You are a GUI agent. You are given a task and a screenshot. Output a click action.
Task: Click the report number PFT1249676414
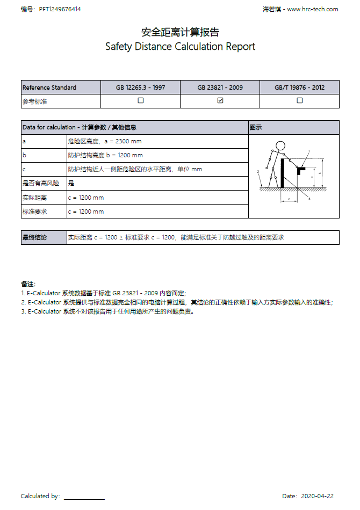pos(60,9)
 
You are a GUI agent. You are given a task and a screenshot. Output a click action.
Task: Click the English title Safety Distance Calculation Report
pos(180,47)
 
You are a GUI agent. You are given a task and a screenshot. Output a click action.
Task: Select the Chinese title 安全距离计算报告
pos(180,32)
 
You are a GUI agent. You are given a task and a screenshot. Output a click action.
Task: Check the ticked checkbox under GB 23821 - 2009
pos(220,100)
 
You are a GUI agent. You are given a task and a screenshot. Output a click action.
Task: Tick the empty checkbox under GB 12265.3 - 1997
pos(141,100)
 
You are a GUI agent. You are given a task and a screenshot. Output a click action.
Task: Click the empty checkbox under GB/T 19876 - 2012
pos(300,100)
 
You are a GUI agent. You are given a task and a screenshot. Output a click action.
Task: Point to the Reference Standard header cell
pos(49,88)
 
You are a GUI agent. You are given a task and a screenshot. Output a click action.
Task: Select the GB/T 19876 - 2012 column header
pos(300,88)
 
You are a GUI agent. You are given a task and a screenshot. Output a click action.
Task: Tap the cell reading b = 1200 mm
pos(105,155)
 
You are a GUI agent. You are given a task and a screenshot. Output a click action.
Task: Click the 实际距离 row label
pos(34,198)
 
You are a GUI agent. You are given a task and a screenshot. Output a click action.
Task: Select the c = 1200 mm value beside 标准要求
pos(86,212)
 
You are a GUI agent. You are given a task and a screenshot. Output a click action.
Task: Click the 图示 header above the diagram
pos(256,127)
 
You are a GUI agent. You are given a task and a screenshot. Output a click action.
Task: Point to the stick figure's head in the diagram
pos(279,145)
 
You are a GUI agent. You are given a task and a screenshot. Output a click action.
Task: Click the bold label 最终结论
pos(34,237)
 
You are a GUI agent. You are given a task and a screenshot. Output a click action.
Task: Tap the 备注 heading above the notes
pos(28,283)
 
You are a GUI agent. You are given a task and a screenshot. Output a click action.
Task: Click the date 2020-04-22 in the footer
pos(318,496)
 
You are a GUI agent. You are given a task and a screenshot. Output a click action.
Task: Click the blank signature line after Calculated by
pos(84,497)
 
